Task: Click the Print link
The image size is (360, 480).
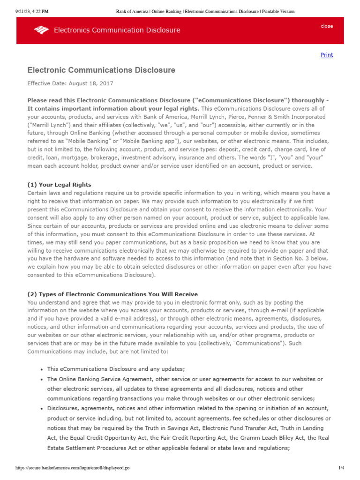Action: click(327, 55)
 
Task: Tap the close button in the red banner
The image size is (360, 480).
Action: click(327, 26)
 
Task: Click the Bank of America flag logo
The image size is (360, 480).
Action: click(41, 30)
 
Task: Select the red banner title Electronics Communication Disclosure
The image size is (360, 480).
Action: click(117, 30)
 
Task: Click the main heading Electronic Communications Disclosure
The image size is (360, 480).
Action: click(101, 70)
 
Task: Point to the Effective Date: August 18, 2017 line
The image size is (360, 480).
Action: click(70, 83)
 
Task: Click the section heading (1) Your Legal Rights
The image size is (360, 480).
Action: click(60, 185)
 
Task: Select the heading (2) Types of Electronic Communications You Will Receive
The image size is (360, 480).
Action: click(112, 294)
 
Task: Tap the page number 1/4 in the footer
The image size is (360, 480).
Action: click(341, 468)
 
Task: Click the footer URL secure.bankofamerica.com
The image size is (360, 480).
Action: click(72, 468)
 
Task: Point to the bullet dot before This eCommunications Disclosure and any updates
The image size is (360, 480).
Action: click(43, 369)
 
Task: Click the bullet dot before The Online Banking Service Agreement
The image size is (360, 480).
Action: click(43, 379)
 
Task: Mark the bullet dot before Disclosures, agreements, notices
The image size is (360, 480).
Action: click(43, 409)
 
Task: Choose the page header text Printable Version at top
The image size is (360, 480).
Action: click(275, 11)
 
